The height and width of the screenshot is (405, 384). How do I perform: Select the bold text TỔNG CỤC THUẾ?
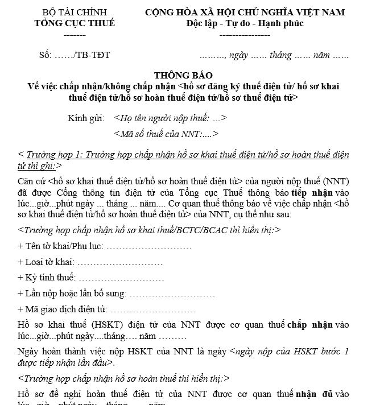(x=75, y=23)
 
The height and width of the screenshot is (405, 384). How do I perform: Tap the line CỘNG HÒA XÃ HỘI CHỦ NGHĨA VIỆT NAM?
(x=245, y=13)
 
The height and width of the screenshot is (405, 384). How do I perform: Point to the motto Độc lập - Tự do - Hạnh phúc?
(x=245, y=23)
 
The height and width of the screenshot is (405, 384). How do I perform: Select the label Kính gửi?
(x=86, y=118)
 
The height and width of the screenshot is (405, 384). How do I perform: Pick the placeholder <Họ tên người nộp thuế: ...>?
(x=170, y=118)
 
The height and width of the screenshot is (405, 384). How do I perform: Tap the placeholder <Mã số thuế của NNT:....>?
(x=166, y=134)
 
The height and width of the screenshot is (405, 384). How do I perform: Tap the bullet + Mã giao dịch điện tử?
(x=106, y=310)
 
